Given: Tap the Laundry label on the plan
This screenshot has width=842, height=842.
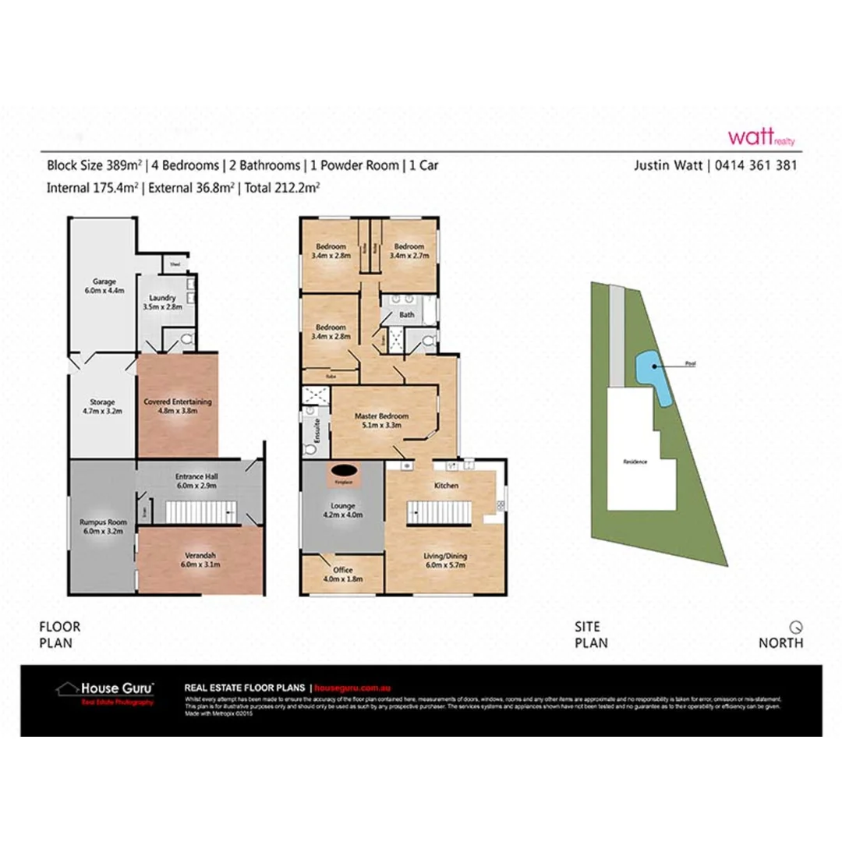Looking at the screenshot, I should (164, 302).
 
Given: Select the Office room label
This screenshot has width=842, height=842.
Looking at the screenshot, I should (343, 574).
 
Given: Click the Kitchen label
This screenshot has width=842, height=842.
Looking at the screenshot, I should (446, 486).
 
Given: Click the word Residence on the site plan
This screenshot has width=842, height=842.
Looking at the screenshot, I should (635, 462).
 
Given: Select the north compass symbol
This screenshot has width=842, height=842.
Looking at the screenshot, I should (795, 626).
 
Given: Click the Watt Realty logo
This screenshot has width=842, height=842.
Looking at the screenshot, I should (761, 137).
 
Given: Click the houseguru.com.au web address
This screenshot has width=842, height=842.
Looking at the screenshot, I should (352, 688).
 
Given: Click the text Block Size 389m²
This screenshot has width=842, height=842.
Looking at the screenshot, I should (94, 165).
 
